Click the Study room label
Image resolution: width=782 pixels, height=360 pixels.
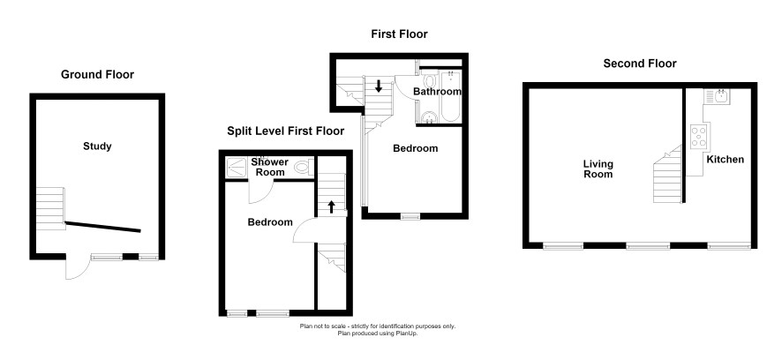click(x=97, y=146)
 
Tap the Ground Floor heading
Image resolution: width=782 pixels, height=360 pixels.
click(x=97, y=75)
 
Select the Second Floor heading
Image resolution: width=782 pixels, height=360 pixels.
click(x=640, y=64)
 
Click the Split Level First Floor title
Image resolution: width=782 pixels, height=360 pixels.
click(x=286, y=131)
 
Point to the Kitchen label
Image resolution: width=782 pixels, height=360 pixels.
click(x=726, y=160)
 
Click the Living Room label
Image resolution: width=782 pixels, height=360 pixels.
click(x=598, y=169)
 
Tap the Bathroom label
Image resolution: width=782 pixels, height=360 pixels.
click(x=437, y=92)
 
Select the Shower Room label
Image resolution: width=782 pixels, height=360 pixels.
click(x=270, y=167)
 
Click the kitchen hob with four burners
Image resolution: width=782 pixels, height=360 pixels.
click(x=699, y=136)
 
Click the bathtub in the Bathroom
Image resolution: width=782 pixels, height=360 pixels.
click(x=451, y=95)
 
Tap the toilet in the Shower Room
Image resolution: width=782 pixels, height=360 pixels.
click(x=304, y=167)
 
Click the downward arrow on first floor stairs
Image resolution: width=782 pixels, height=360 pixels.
click(x=379, y=86)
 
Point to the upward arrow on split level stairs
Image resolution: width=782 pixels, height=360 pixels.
click(x=331, y=207)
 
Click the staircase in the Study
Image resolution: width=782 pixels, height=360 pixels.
click(x=50, y=208)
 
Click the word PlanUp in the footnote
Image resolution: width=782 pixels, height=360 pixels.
click(x=406, y=333)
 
